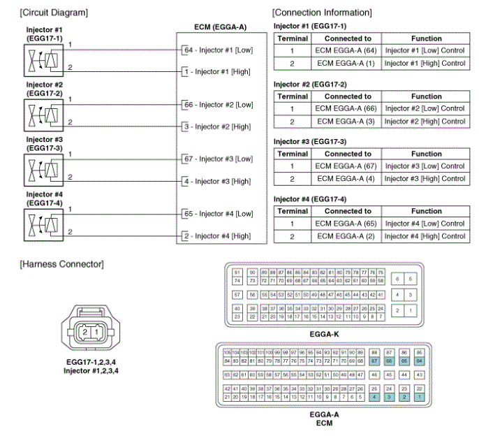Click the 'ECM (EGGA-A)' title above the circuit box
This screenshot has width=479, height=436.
click(220, 27)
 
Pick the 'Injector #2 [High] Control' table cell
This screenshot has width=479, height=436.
click(426, 121)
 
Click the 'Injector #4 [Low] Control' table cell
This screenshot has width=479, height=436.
click(426, 224)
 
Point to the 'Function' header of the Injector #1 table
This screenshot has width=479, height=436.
click(426, 38)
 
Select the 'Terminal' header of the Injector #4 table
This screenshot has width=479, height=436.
click(293, 211)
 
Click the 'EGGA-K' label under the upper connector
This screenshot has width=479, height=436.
click(323, 334)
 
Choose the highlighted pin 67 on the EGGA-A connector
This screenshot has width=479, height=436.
click(375, 361)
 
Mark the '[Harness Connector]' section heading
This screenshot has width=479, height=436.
click(62, 263)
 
